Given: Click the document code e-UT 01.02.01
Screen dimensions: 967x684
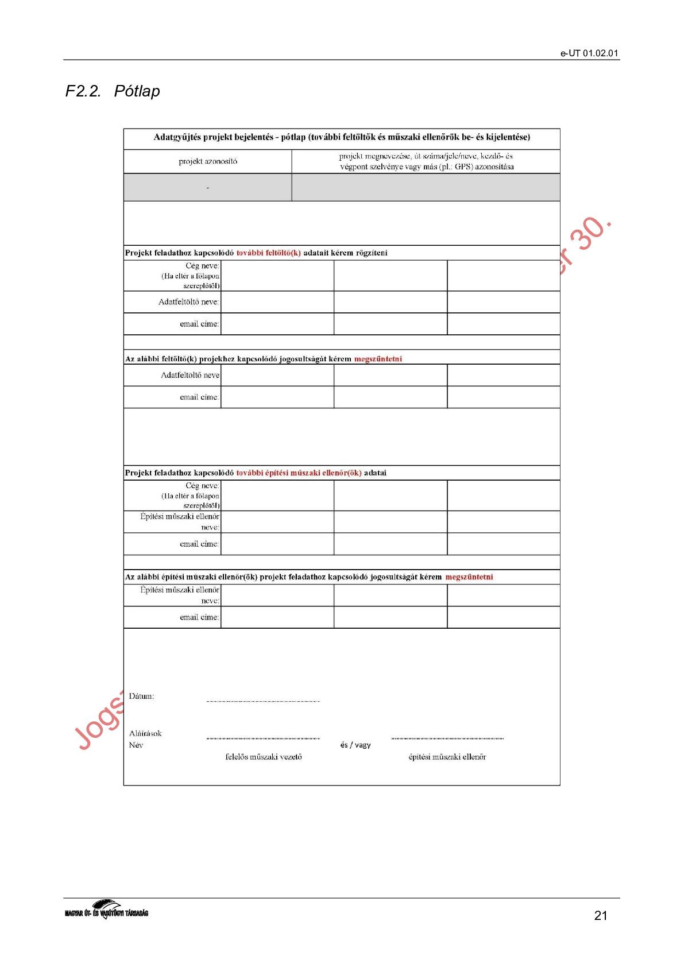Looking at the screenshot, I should [x=589, y=53].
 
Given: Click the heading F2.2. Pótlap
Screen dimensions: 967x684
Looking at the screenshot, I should [x=113, y=91].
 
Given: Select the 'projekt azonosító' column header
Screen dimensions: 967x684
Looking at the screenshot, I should [x=207, y=161].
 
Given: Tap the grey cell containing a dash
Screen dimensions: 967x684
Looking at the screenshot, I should [x=207, y=188].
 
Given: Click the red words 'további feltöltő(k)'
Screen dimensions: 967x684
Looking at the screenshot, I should [x=268, y=253].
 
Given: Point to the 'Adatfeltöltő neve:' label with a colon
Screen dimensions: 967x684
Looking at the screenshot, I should [x=188, y=302].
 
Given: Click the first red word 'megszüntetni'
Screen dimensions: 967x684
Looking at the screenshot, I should [x=378, y=359].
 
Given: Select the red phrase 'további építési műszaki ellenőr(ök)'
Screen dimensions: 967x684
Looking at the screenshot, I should [x=299, y=473].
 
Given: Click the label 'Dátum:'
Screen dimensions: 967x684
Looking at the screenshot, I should [x=141, y=697].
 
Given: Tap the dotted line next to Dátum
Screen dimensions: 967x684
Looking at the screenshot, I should [x=263, y=701].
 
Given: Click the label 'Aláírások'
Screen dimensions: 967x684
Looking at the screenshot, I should [x=145, y=734].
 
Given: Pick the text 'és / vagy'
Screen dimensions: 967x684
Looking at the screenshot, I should [x=355, y=745].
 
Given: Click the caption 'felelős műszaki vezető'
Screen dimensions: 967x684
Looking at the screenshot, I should [x=264, y=757].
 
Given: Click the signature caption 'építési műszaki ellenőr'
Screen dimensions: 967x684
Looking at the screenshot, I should [x=447, y=757].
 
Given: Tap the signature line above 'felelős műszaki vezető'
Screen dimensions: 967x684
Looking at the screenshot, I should [x=263, y=738].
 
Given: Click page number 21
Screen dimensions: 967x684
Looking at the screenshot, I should [x=601, y=916].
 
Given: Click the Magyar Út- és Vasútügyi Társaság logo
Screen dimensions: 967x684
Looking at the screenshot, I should [x=106, y=910].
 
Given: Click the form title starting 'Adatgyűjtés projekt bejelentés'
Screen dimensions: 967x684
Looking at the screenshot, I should [x=342, y=137].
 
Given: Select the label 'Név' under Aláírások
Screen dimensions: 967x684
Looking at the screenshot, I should [x=136, y=745].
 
